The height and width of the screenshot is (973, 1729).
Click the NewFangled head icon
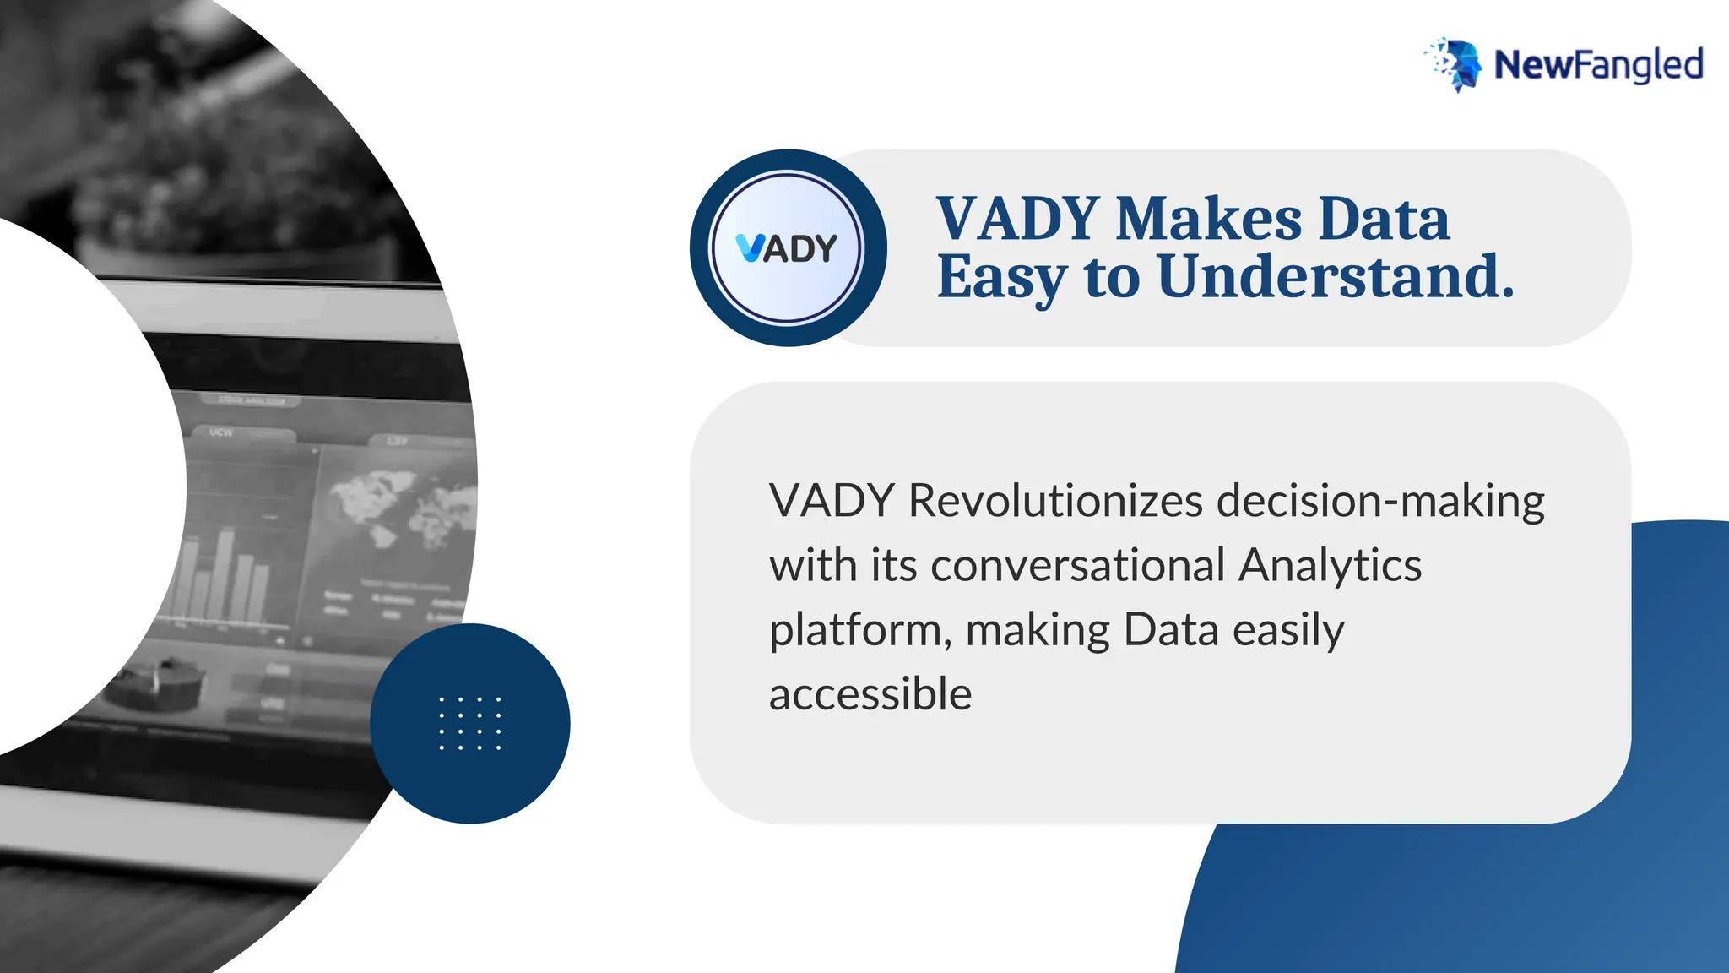[1454, 64]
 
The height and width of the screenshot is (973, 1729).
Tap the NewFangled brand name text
[1598, 65]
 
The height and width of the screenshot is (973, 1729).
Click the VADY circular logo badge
[788, 248]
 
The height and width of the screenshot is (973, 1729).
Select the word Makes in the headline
[1209, 219]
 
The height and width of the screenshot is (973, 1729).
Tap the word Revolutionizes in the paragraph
[1055, 501]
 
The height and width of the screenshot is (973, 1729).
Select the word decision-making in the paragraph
[1380, 502]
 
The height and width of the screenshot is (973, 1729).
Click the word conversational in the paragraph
[1078, 565]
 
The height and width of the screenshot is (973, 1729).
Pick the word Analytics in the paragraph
[1330, 567]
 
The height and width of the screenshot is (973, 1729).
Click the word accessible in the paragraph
[870, 694]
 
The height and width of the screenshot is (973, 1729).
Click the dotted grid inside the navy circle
[470, 724]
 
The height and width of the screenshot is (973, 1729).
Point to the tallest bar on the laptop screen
[225, 574]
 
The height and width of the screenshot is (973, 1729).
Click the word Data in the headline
[1384, 219]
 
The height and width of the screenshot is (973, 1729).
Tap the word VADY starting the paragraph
[831, 501]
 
